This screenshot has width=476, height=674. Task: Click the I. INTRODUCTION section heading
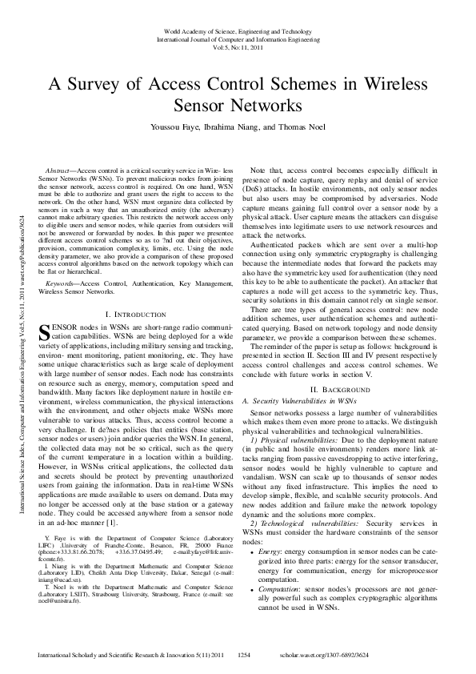point(130,315)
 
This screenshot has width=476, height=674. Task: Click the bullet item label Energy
point(270,552)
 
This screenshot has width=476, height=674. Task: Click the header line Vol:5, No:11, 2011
point(238,46)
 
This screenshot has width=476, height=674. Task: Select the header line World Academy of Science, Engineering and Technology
point(238,30)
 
